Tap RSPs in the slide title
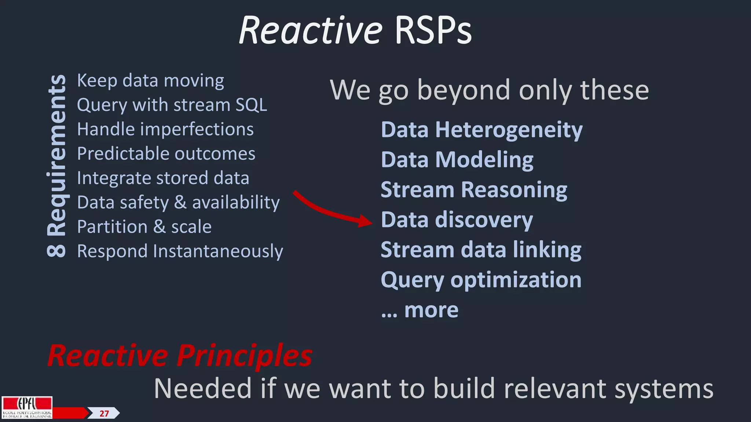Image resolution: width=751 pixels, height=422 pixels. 433,31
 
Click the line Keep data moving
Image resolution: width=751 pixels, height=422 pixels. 150,81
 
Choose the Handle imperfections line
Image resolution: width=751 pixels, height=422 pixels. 165,129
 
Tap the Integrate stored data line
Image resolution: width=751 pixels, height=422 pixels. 163,178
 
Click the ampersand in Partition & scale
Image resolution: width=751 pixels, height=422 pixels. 159,227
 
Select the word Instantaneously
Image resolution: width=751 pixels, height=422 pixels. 218,251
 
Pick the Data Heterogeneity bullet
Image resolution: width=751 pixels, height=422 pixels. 481,130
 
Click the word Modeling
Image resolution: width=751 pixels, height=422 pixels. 484,160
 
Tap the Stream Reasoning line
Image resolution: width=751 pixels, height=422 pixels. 474,190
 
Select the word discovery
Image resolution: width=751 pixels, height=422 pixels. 484,220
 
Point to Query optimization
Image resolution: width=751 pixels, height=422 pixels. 481,280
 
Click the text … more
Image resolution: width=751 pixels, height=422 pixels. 420,311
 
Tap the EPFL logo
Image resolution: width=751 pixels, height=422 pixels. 27,407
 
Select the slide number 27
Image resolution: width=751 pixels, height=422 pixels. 104,414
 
